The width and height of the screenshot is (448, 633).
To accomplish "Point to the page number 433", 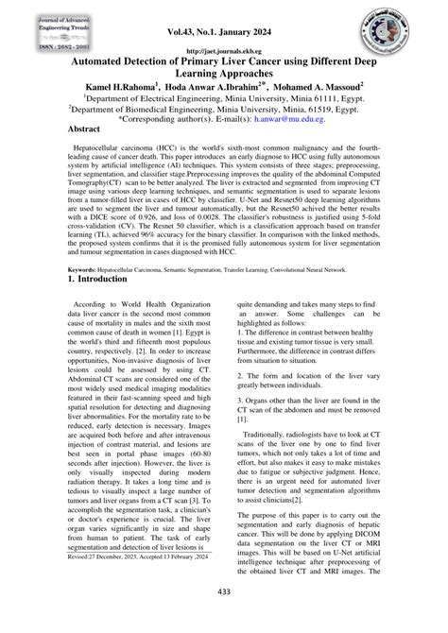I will pos(223,617).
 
